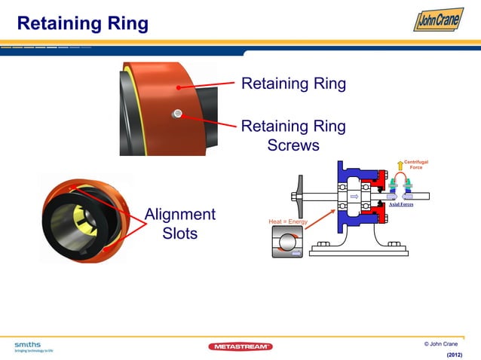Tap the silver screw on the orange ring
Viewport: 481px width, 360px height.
coord(177,114)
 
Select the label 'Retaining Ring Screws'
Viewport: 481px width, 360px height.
coord(293,135)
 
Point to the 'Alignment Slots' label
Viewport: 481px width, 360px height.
coord(180,224)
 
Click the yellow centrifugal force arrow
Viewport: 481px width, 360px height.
coord(400,166)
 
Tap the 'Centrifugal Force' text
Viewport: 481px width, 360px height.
coord(416,164)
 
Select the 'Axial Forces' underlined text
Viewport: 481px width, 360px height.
coord(400,204)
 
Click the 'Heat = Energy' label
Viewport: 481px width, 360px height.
coord(288,221)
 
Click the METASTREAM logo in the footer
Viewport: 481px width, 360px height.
coord(240,346)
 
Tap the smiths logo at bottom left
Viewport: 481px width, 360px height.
coord(31,346)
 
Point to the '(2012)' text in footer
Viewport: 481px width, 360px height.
coord(455,353)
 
